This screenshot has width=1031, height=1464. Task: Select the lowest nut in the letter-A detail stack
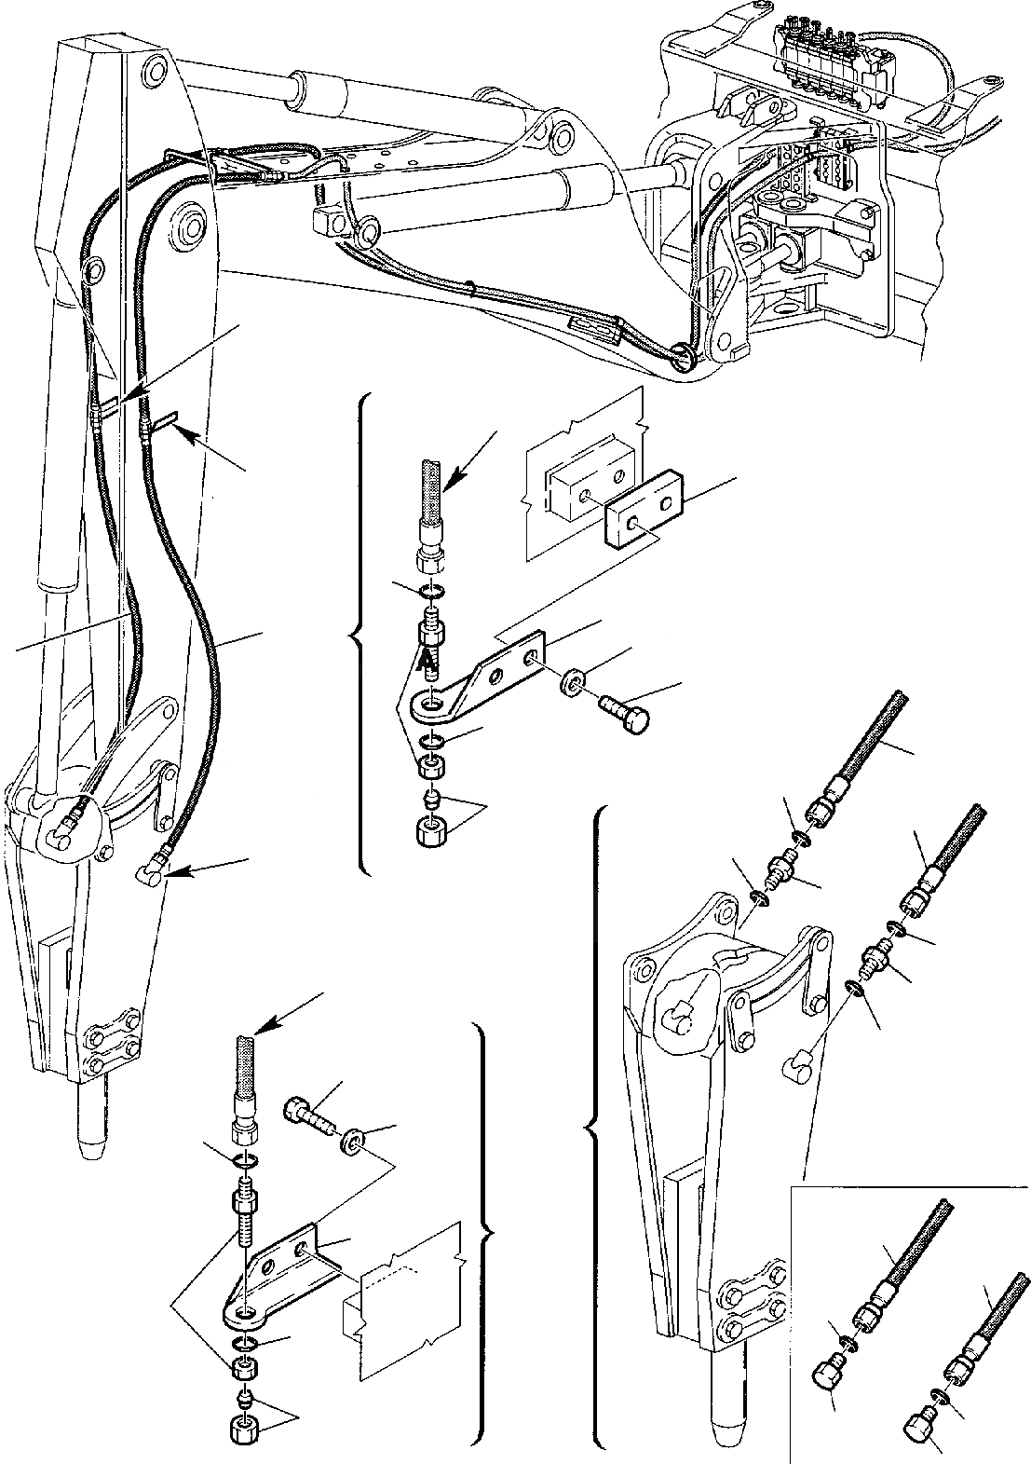(x=429, y=830)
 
